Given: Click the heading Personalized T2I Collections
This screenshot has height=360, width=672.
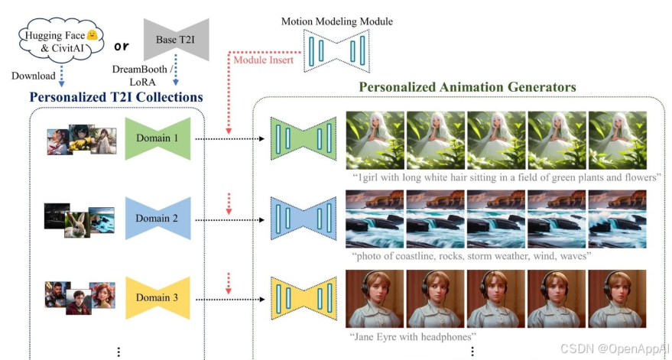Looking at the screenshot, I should (x=116, y=97).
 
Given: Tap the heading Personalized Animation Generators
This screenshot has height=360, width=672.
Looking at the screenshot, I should (x=467, y=87).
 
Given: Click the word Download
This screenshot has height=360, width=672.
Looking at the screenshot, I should (x=34, y=76).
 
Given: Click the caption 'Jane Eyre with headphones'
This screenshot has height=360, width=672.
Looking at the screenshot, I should (x=413, y=336).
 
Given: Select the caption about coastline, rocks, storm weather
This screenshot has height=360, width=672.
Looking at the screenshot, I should (x=472, y=256).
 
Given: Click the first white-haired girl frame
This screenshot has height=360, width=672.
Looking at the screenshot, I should (x=375, y=140).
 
